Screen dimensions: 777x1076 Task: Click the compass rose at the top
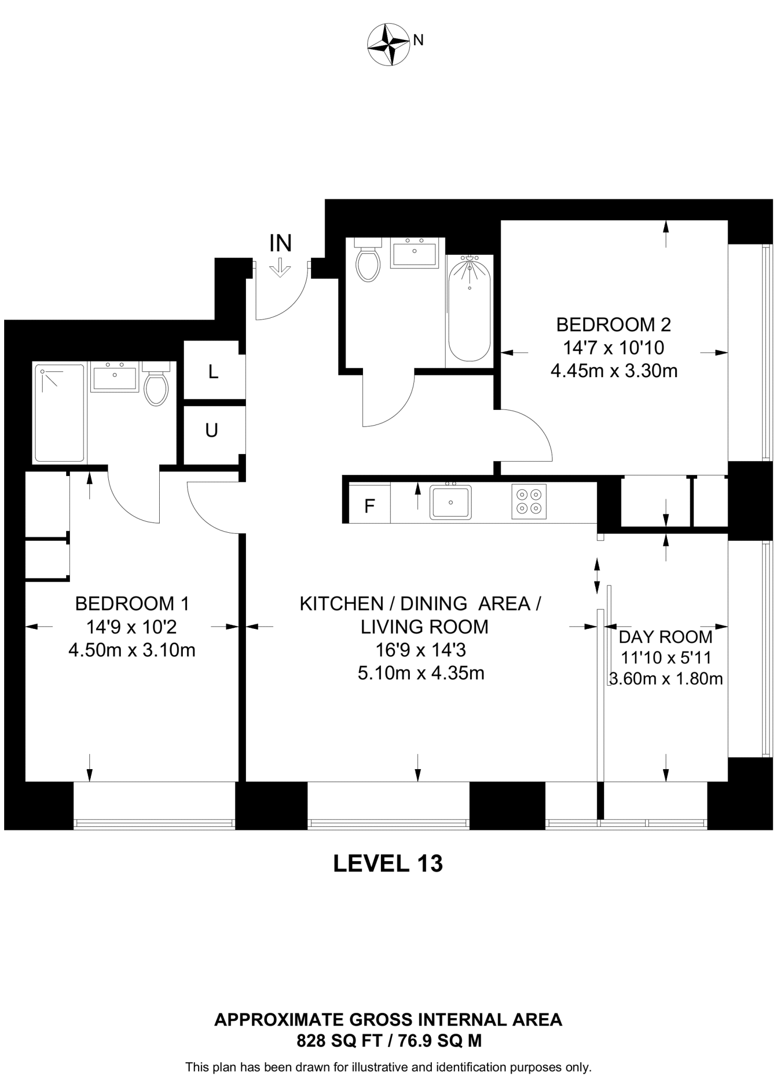[x=388, y=45]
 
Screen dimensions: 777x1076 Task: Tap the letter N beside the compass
[x=419, y=40]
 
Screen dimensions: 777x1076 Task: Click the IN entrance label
[x=281, y=243]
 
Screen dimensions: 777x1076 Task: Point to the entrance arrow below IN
[x=280, y=267]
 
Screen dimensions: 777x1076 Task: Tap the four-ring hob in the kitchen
[x=529, y=501]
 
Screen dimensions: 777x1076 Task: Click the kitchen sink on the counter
[x=451, y=502]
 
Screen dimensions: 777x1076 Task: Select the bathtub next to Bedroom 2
[x=470, y=308]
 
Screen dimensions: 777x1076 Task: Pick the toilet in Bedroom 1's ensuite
[x=156, y=383]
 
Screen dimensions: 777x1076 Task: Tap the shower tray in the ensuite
[x=59, y=413]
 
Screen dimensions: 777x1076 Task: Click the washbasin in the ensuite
[x=114, y=376]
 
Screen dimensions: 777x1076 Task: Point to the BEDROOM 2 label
[x=614, y=325]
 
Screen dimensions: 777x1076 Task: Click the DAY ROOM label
[x=666, y=637]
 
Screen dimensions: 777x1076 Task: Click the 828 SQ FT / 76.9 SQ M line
[x=389, y=1040]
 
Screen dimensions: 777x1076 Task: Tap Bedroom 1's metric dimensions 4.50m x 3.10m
[x=132, y=650]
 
